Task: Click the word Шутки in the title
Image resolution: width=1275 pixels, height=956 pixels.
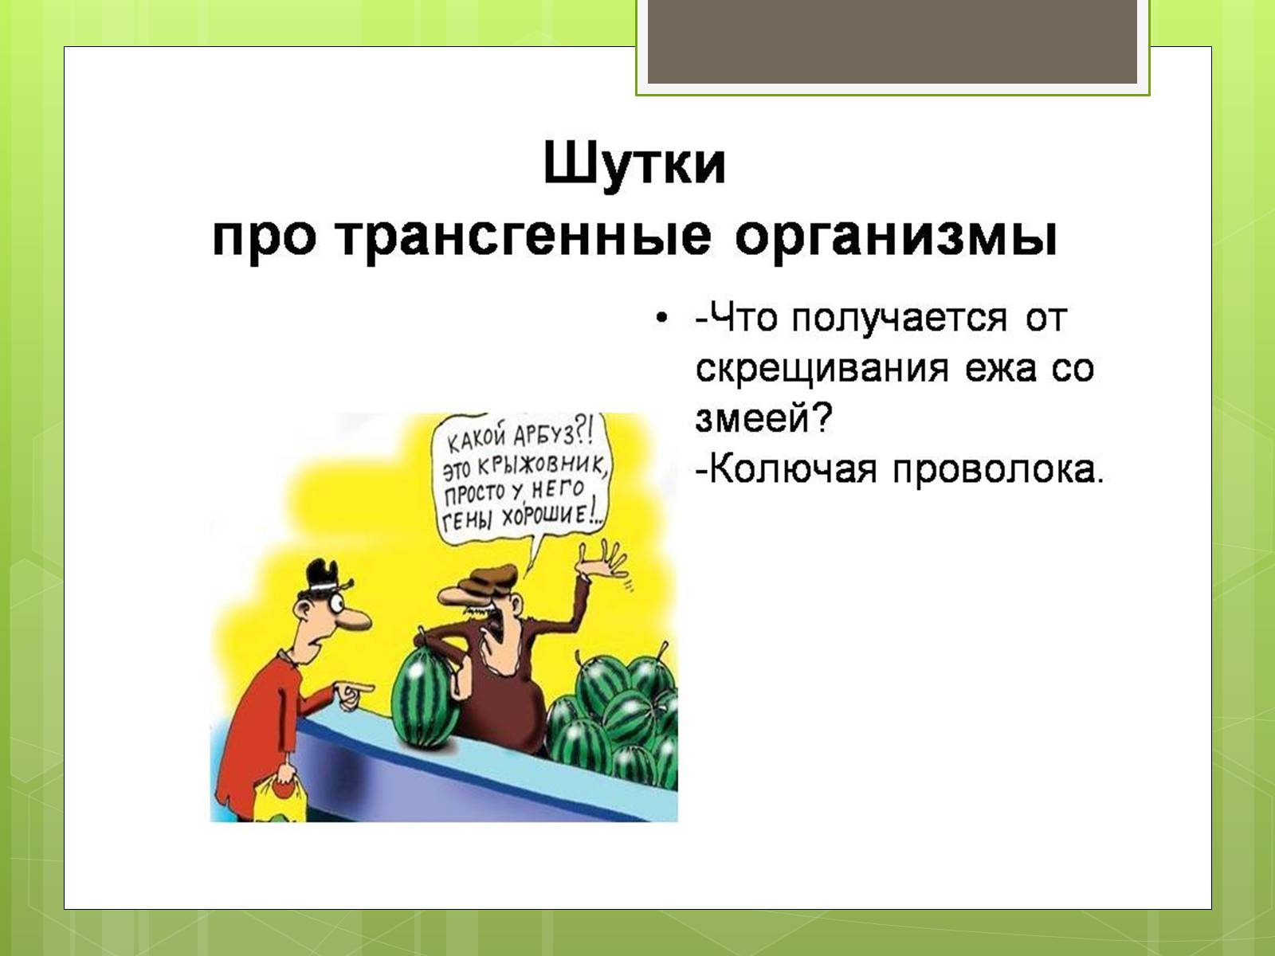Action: tap(634, 163)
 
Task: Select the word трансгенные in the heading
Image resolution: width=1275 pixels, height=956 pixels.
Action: tap(523, 238)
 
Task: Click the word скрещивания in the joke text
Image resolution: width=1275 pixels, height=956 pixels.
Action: tap(822, 370)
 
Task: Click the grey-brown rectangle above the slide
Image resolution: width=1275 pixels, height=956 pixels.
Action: tap(892, 41)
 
